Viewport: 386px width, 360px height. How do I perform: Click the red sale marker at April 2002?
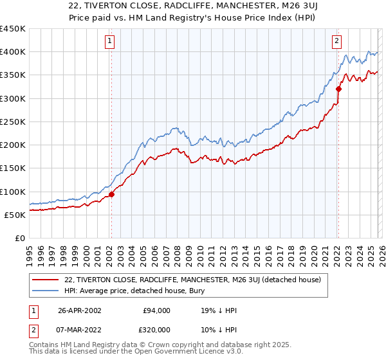111,194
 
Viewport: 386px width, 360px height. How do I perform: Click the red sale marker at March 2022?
338,89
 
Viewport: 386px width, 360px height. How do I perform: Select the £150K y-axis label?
13,168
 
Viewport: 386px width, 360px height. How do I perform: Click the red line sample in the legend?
46,280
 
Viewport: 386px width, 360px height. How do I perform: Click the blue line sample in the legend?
46,291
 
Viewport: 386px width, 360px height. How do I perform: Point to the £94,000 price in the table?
156,310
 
